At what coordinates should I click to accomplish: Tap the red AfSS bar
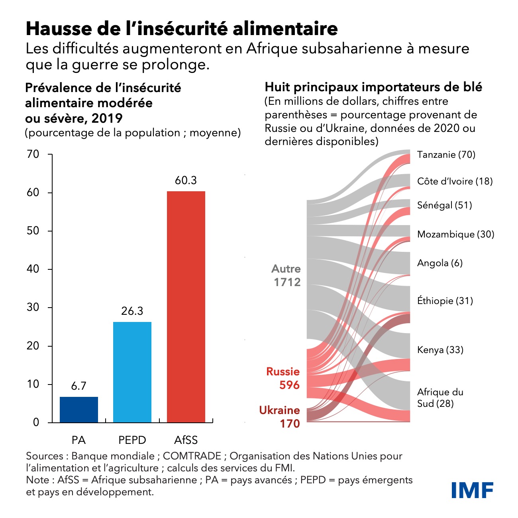pyautogui.click(x=186, y=306)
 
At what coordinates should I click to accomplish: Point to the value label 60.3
pyautogui.click(x=186, y=181)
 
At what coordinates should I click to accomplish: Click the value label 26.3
pyautogui.click(x=132, y=311)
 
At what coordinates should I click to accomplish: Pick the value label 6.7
pyautogui.click(x=78, y=386)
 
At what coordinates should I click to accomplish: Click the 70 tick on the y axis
pyautogui.click(x=33, y=154)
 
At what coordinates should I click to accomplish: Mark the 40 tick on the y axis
pyautogui.click(x=33, y=269)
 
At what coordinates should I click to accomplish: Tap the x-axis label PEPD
pyautogui.click(x=132, y=440)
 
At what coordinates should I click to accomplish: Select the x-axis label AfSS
pyautogui.click(x=186, y=440)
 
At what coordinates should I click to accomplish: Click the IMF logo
pyautogui.click(x=473, y=490)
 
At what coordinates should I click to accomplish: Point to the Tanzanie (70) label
pyautogui.click(x=446, y=155)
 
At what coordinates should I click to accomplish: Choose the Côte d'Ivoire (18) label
pyautogui.click(x=455, y=181)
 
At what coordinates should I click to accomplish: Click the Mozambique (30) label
pyautogui.click(x=455, y=234)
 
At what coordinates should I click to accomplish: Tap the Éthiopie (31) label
pyautogui.click(x=445, y=300)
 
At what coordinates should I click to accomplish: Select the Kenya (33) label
pyautogui.click(x=440, y=350)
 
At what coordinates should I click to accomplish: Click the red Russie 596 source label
pyautogui.click(x=283, y=378)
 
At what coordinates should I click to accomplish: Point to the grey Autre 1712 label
pyautogui.click(x=286, y=275)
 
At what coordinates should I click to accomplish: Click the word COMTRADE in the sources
pyautogui.click(x=192, y=456)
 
